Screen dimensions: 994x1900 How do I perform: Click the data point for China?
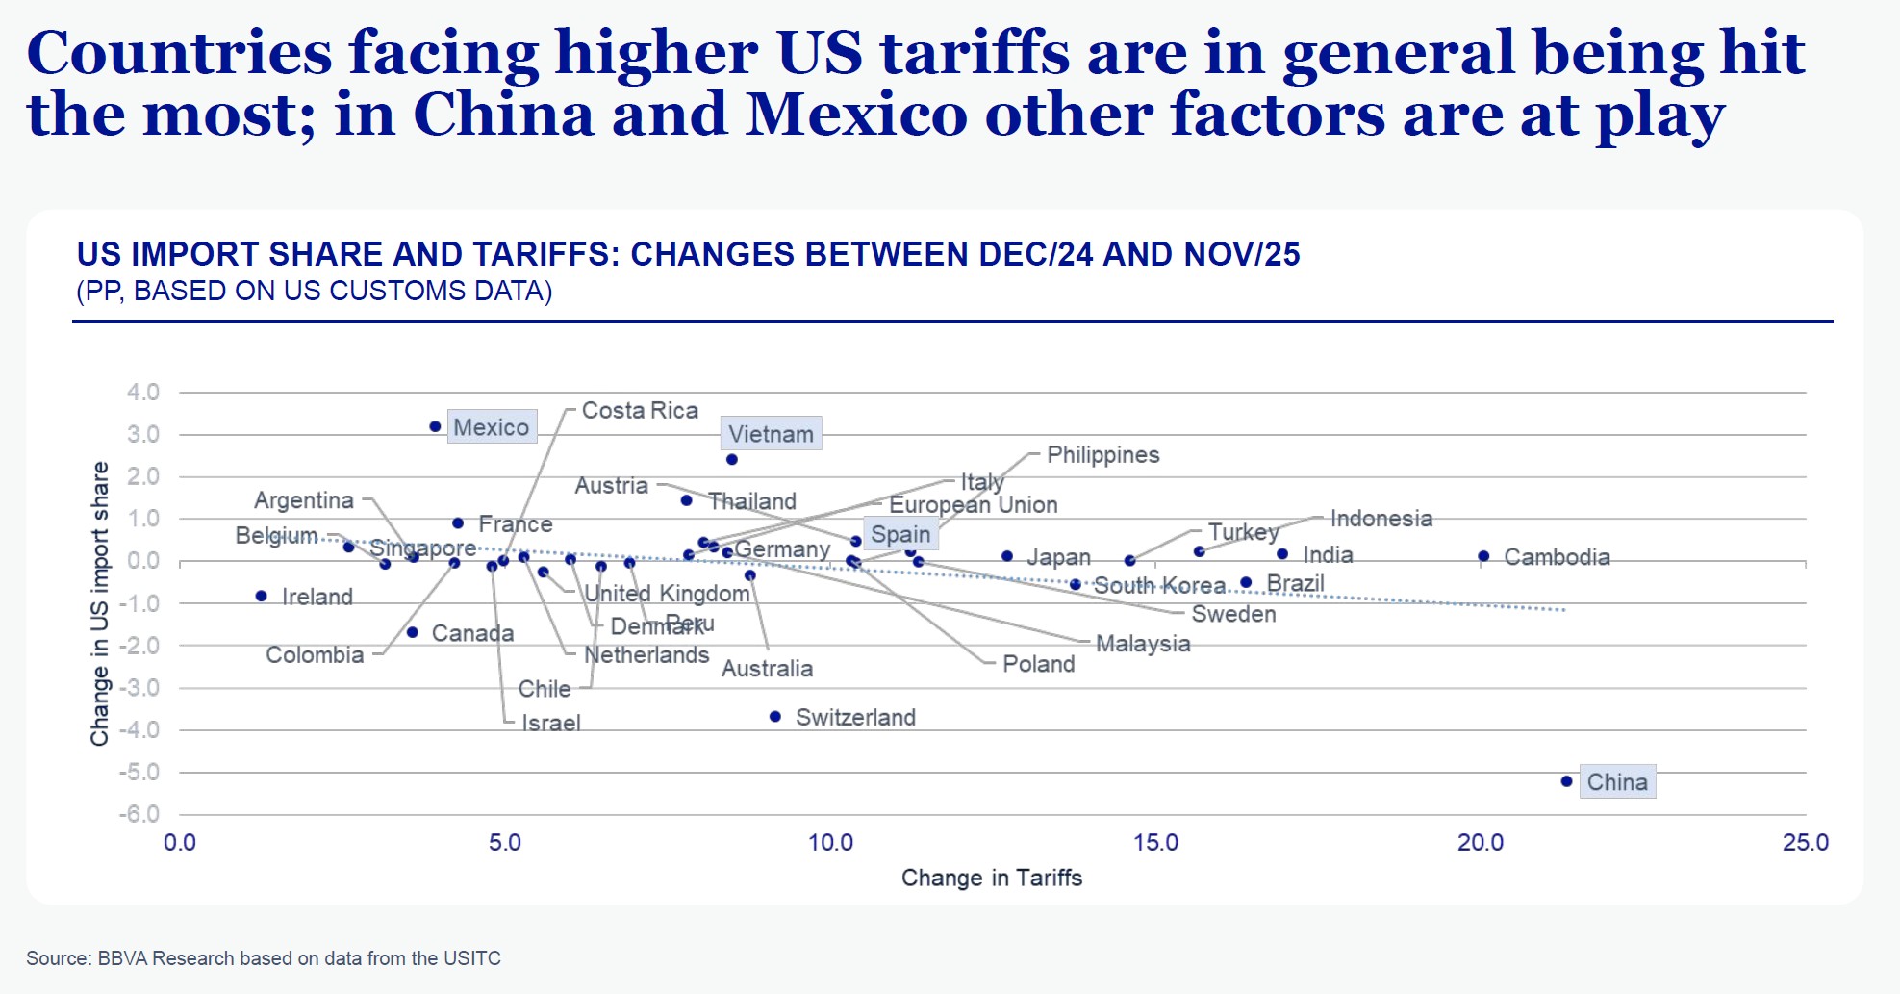1566,781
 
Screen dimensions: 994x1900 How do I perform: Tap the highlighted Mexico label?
491,427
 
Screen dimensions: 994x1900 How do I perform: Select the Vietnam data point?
732,460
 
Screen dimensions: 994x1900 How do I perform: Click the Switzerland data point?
775,717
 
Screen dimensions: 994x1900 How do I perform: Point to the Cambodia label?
1557,557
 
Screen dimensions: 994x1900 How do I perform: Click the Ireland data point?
262,597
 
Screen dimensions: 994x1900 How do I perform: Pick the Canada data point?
413,633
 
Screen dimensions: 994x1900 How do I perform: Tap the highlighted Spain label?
900,534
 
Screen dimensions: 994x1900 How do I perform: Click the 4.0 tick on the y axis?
142,393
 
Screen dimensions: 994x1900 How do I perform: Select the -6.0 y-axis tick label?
139,814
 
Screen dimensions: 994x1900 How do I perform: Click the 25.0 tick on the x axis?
1805,843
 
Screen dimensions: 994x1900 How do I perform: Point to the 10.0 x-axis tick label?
830,843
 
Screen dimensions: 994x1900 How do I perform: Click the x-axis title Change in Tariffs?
991,878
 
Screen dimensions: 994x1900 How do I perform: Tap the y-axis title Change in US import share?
99,603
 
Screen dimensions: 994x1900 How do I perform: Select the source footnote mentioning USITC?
264,958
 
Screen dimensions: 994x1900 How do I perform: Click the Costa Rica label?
640,411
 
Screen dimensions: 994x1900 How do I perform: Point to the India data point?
1282,554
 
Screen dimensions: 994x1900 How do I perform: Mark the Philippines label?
1102,455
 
